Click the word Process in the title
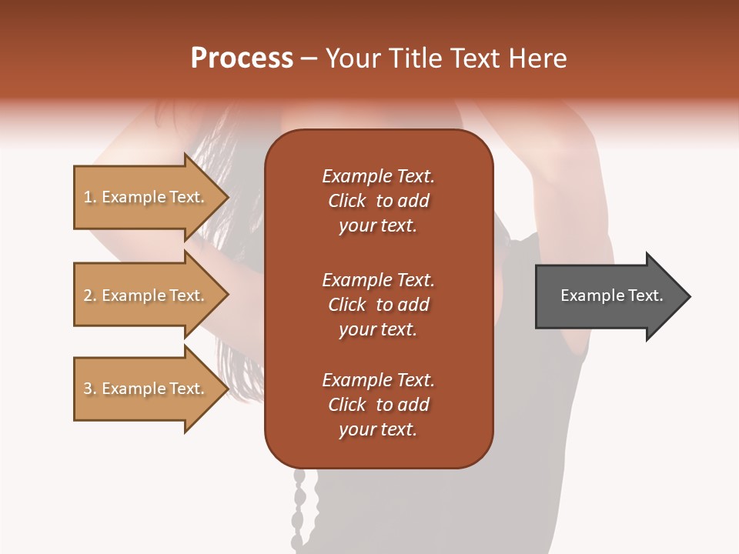click(x=242, y=58)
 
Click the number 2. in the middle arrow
click(x=90, y=295)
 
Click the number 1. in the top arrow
click(x=90, y=197)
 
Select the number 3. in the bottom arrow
click(x=90, y=389)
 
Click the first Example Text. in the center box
click(x=378, y=176)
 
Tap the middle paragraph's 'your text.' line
click(x=378, y=329)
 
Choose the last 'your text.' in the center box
click(x=378, y=429)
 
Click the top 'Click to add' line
click(x=378, y=201)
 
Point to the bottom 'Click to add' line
click(x=378, y=405)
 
